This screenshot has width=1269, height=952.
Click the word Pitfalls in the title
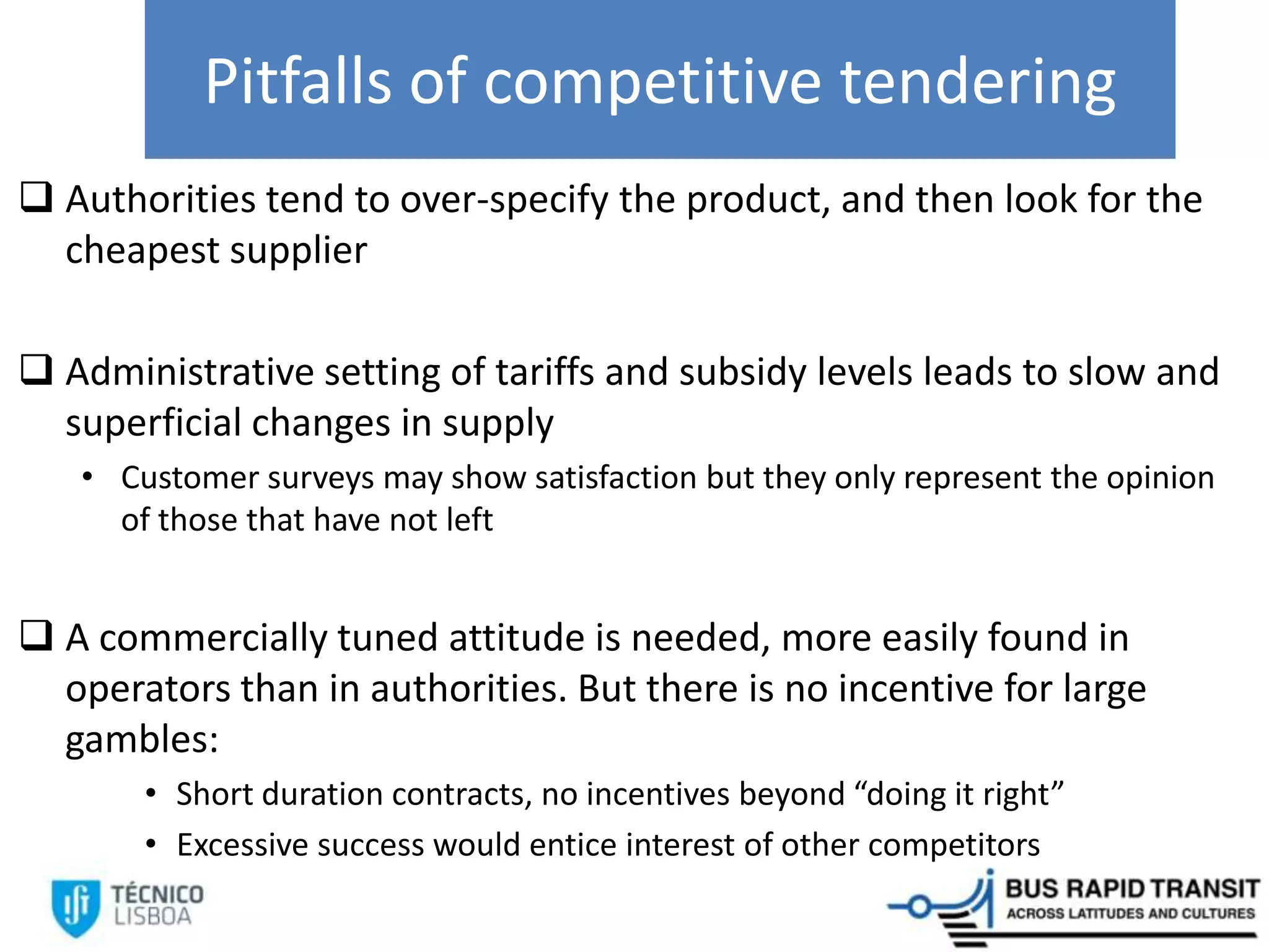(298, 81)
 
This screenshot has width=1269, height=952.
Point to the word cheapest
(143, 250)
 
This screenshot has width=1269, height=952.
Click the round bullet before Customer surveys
(87, 477)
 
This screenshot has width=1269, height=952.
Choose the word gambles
(141, 739)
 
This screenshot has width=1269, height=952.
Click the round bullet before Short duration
(151, 794)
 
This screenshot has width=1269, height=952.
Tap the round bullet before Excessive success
(151, 844)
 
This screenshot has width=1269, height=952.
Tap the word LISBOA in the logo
(152, 917)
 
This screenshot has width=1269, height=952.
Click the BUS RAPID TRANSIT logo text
(1132, 889)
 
